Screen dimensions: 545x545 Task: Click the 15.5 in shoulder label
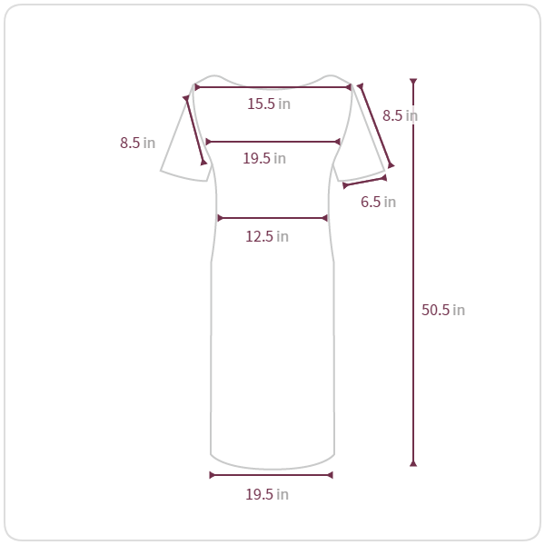click(x=269, y=104)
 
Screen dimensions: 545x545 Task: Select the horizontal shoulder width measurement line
click(x=272, y=87)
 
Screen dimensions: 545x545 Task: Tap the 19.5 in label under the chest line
click(x=264, y=158)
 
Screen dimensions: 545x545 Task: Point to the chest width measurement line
click(x=272, y=142)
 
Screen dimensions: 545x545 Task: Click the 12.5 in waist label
click(x=267, y=237)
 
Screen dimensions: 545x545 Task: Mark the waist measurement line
click(x=272, y=218)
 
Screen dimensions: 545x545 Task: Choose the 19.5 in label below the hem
click(x=267, y=495)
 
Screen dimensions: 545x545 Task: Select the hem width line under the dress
click(x=271, y=475)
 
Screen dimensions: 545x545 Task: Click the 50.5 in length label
click(x=443, y=310)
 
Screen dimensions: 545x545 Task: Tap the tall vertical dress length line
click(x=413, y=272)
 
